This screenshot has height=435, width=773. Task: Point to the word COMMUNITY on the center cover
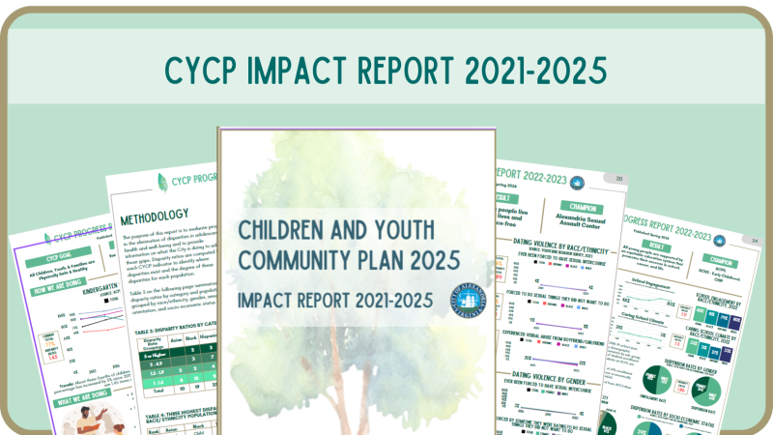point(286,260)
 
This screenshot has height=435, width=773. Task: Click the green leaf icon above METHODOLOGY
point(160,181)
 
